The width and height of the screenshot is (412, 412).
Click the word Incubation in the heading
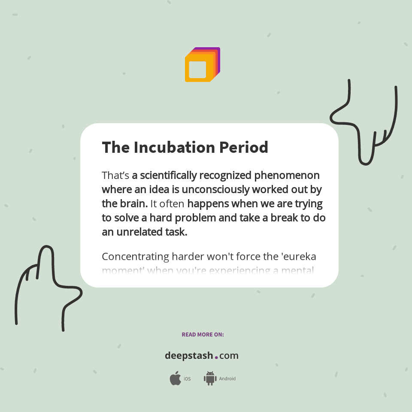tap(174, 147)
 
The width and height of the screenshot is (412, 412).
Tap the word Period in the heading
tap(244, 147)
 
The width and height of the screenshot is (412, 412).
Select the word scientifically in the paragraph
tap(168, 176)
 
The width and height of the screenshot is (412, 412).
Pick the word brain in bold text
tap(133, 203)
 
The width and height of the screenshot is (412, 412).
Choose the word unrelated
tap(136, 232)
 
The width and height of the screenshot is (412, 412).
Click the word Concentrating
tap(135, 257)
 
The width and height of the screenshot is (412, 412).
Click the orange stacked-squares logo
tap(202, 65)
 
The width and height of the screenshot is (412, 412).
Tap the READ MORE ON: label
tap(203, 334)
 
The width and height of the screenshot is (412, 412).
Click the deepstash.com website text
tap(202, 356)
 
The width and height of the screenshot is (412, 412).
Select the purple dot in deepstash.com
tap(216, 357)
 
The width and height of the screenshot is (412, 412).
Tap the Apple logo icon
tap(175, 379)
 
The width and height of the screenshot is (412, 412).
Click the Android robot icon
tap(210, 379)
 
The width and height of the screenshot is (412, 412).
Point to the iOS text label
tap(187, 379)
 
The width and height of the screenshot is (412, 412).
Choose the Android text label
tap(227, 379)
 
